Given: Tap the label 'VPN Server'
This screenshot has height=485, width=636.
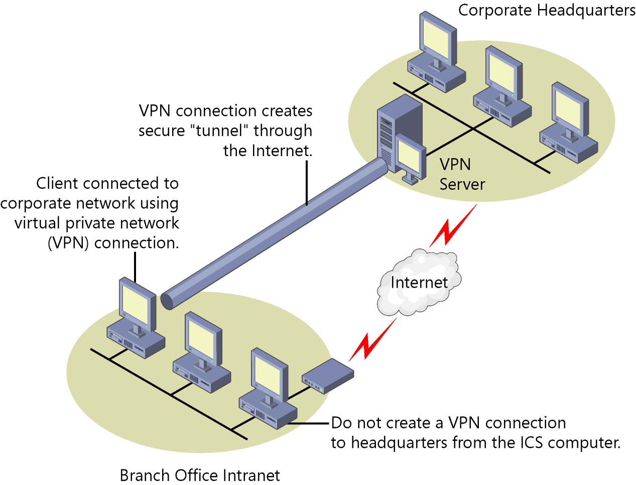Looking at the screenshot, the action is click(462, 174).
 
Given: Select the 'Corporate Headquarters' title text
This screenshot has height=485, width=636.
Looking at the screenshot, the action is click(547, 11).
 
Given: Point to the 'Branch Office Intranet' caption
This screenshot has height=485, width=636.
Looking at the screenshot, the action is click(200, 475).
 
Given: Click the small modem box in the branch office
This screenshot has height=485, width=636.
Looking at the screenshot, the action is click(328, 376).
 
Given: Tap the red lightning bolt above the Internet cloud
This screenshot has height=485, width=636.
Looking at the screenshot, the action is click(453, 225).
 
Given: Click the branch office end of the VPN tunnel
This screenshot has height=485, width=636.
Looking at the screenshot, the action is click(168, 301).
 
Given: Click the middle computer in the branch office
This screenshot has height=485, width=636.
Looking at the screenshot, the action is click(202, 352).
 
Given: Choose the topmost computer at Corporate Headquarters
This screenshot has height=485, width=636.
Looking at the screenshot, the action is click(436, 52).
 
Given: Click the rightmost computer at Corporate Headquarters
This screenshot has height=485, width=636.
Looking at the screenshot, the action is click(569, 123).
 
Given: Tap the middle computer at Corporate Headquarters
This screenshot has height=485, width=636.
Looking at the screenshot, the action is click(502, 86).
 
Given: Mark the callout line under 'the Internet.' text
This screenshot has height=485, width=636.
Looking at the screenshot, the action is click(307, 183).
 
